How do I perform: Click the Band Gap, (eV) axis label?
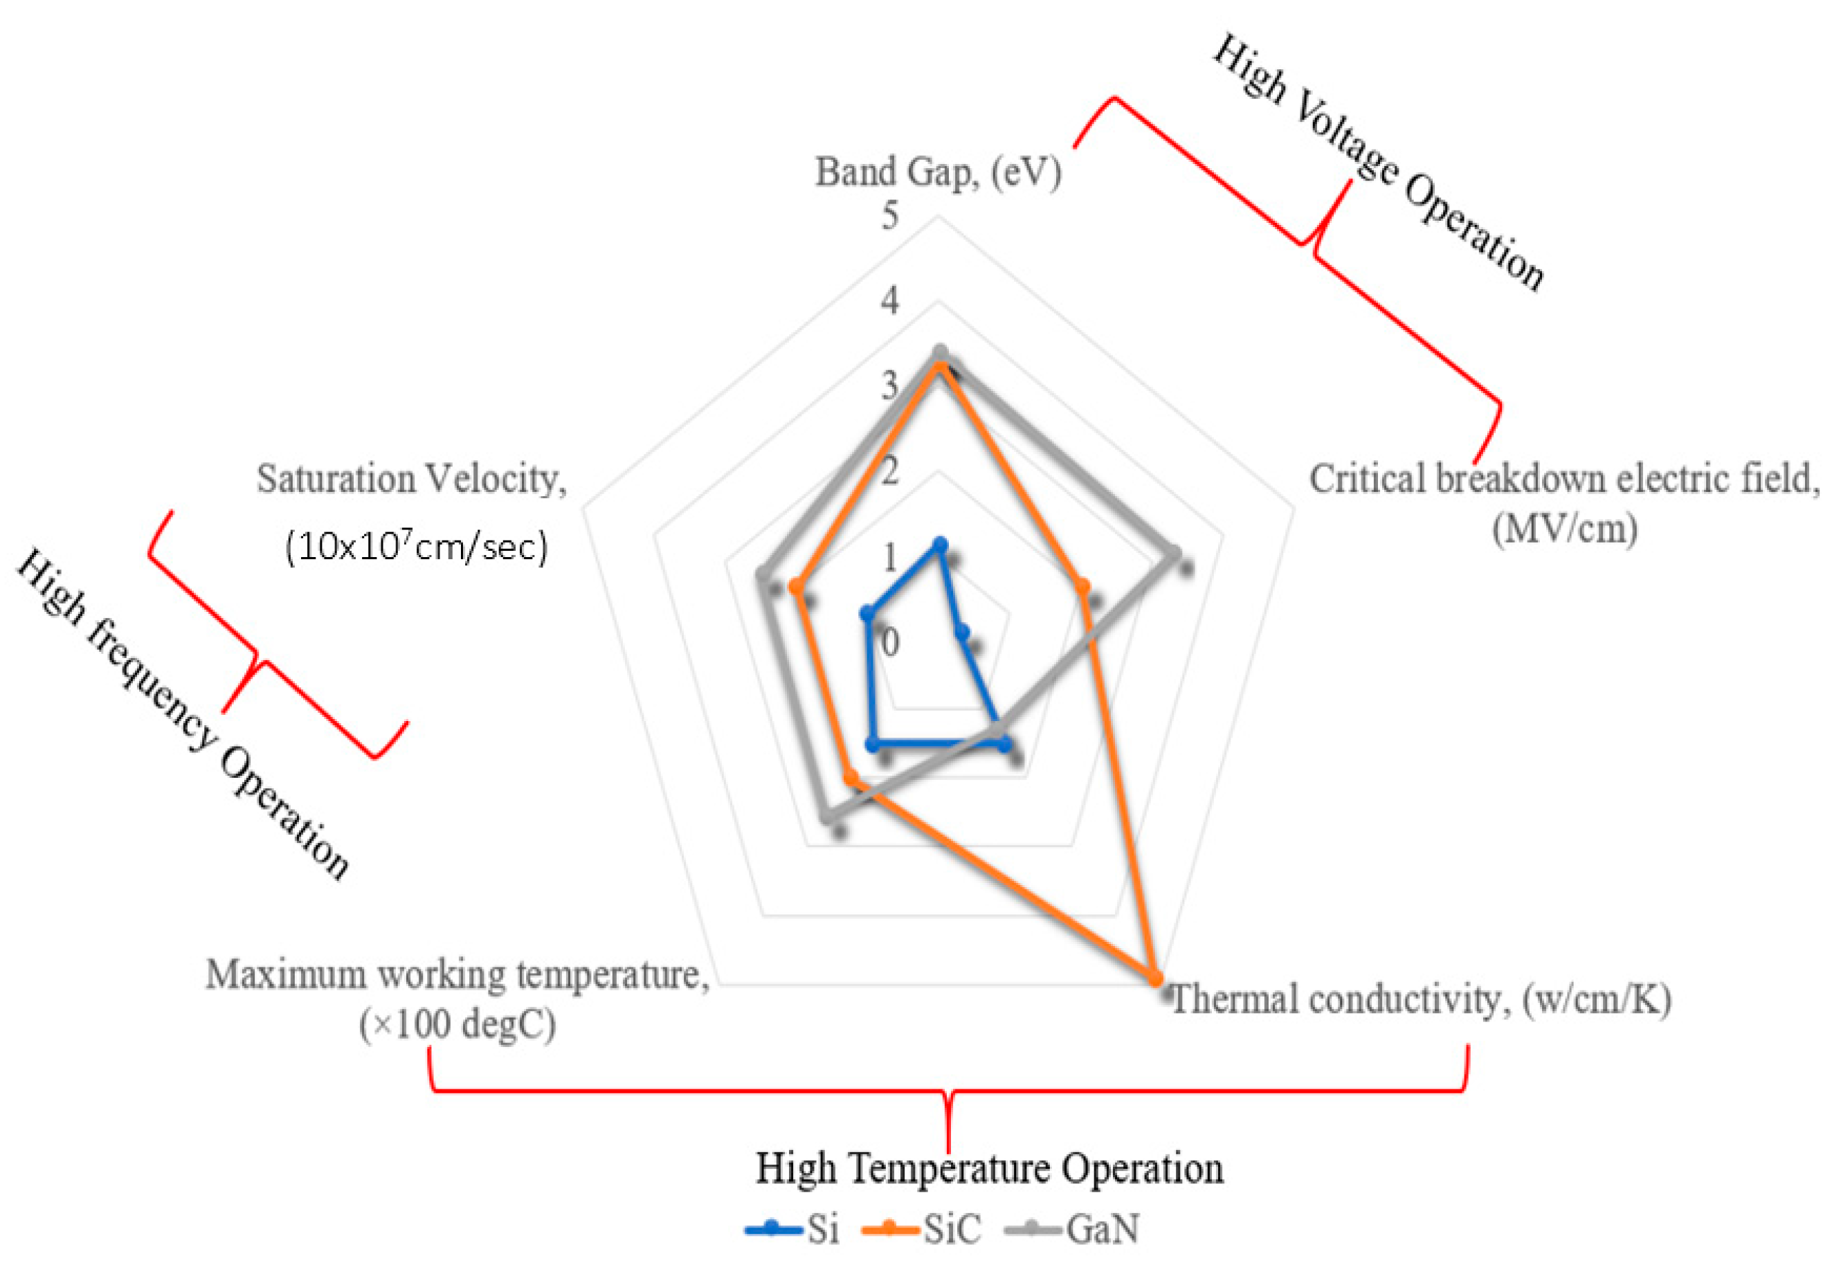coord(937,172)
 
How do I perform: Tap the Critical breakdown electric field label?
coord(1564,502)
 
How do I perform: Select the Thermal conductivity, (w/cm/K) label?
coord(1420,999)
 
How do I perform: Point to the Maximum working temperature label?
coord(457,999)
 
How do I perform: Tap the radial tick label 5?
coord(889,215)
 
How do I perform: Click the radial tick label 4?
coord(889,301)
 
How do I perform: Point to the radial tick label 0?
coord(889,641)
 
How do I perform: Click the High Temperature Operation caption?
coord(989,1169)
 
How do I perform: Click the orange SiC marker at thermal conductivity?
coord(1154,977)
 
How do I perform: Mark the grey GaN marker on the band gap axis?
coord(940,352)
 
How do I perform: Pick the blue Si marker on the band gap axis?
coord(940,545)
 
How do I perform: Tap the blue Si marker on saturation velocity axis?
coord(865,613)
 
